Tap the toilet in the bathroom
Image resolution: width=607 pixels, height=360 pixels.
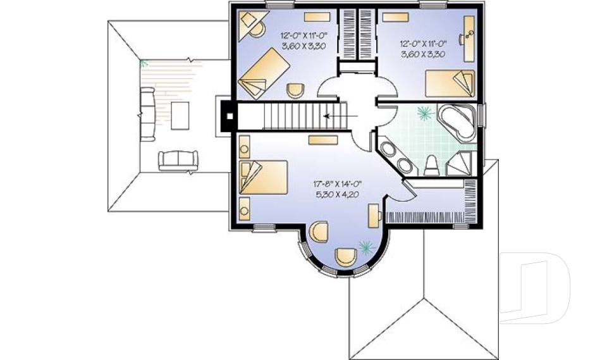click(432, 165)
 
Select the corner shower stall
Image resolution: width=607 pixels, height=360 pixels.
click(460, 163)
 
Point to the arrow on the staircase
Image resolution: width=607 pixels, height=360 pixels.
click(335, 116)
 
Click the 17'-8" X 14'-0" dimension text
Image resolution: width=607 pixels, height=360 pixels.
click(336, 184)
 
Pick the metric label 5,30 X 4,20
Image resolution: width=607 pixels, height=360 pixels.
click(336, 194)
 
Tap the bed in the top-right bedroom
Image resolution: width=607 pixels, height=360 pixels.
click(449, 83)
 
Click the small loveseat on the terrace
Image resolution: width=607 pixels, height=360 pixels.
click(178, 160)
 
